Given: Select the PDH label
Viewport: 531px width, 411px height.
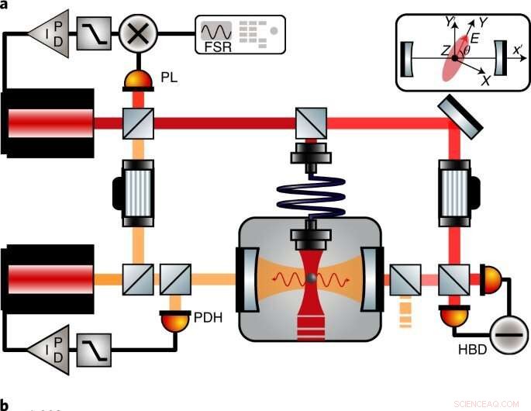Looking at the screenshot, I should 207,316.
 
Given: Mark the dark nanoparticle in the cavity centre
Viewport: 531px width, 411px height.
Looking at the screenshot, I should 311,277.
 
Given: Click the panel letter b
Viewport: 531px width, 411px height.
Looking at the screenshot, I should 5,404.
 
